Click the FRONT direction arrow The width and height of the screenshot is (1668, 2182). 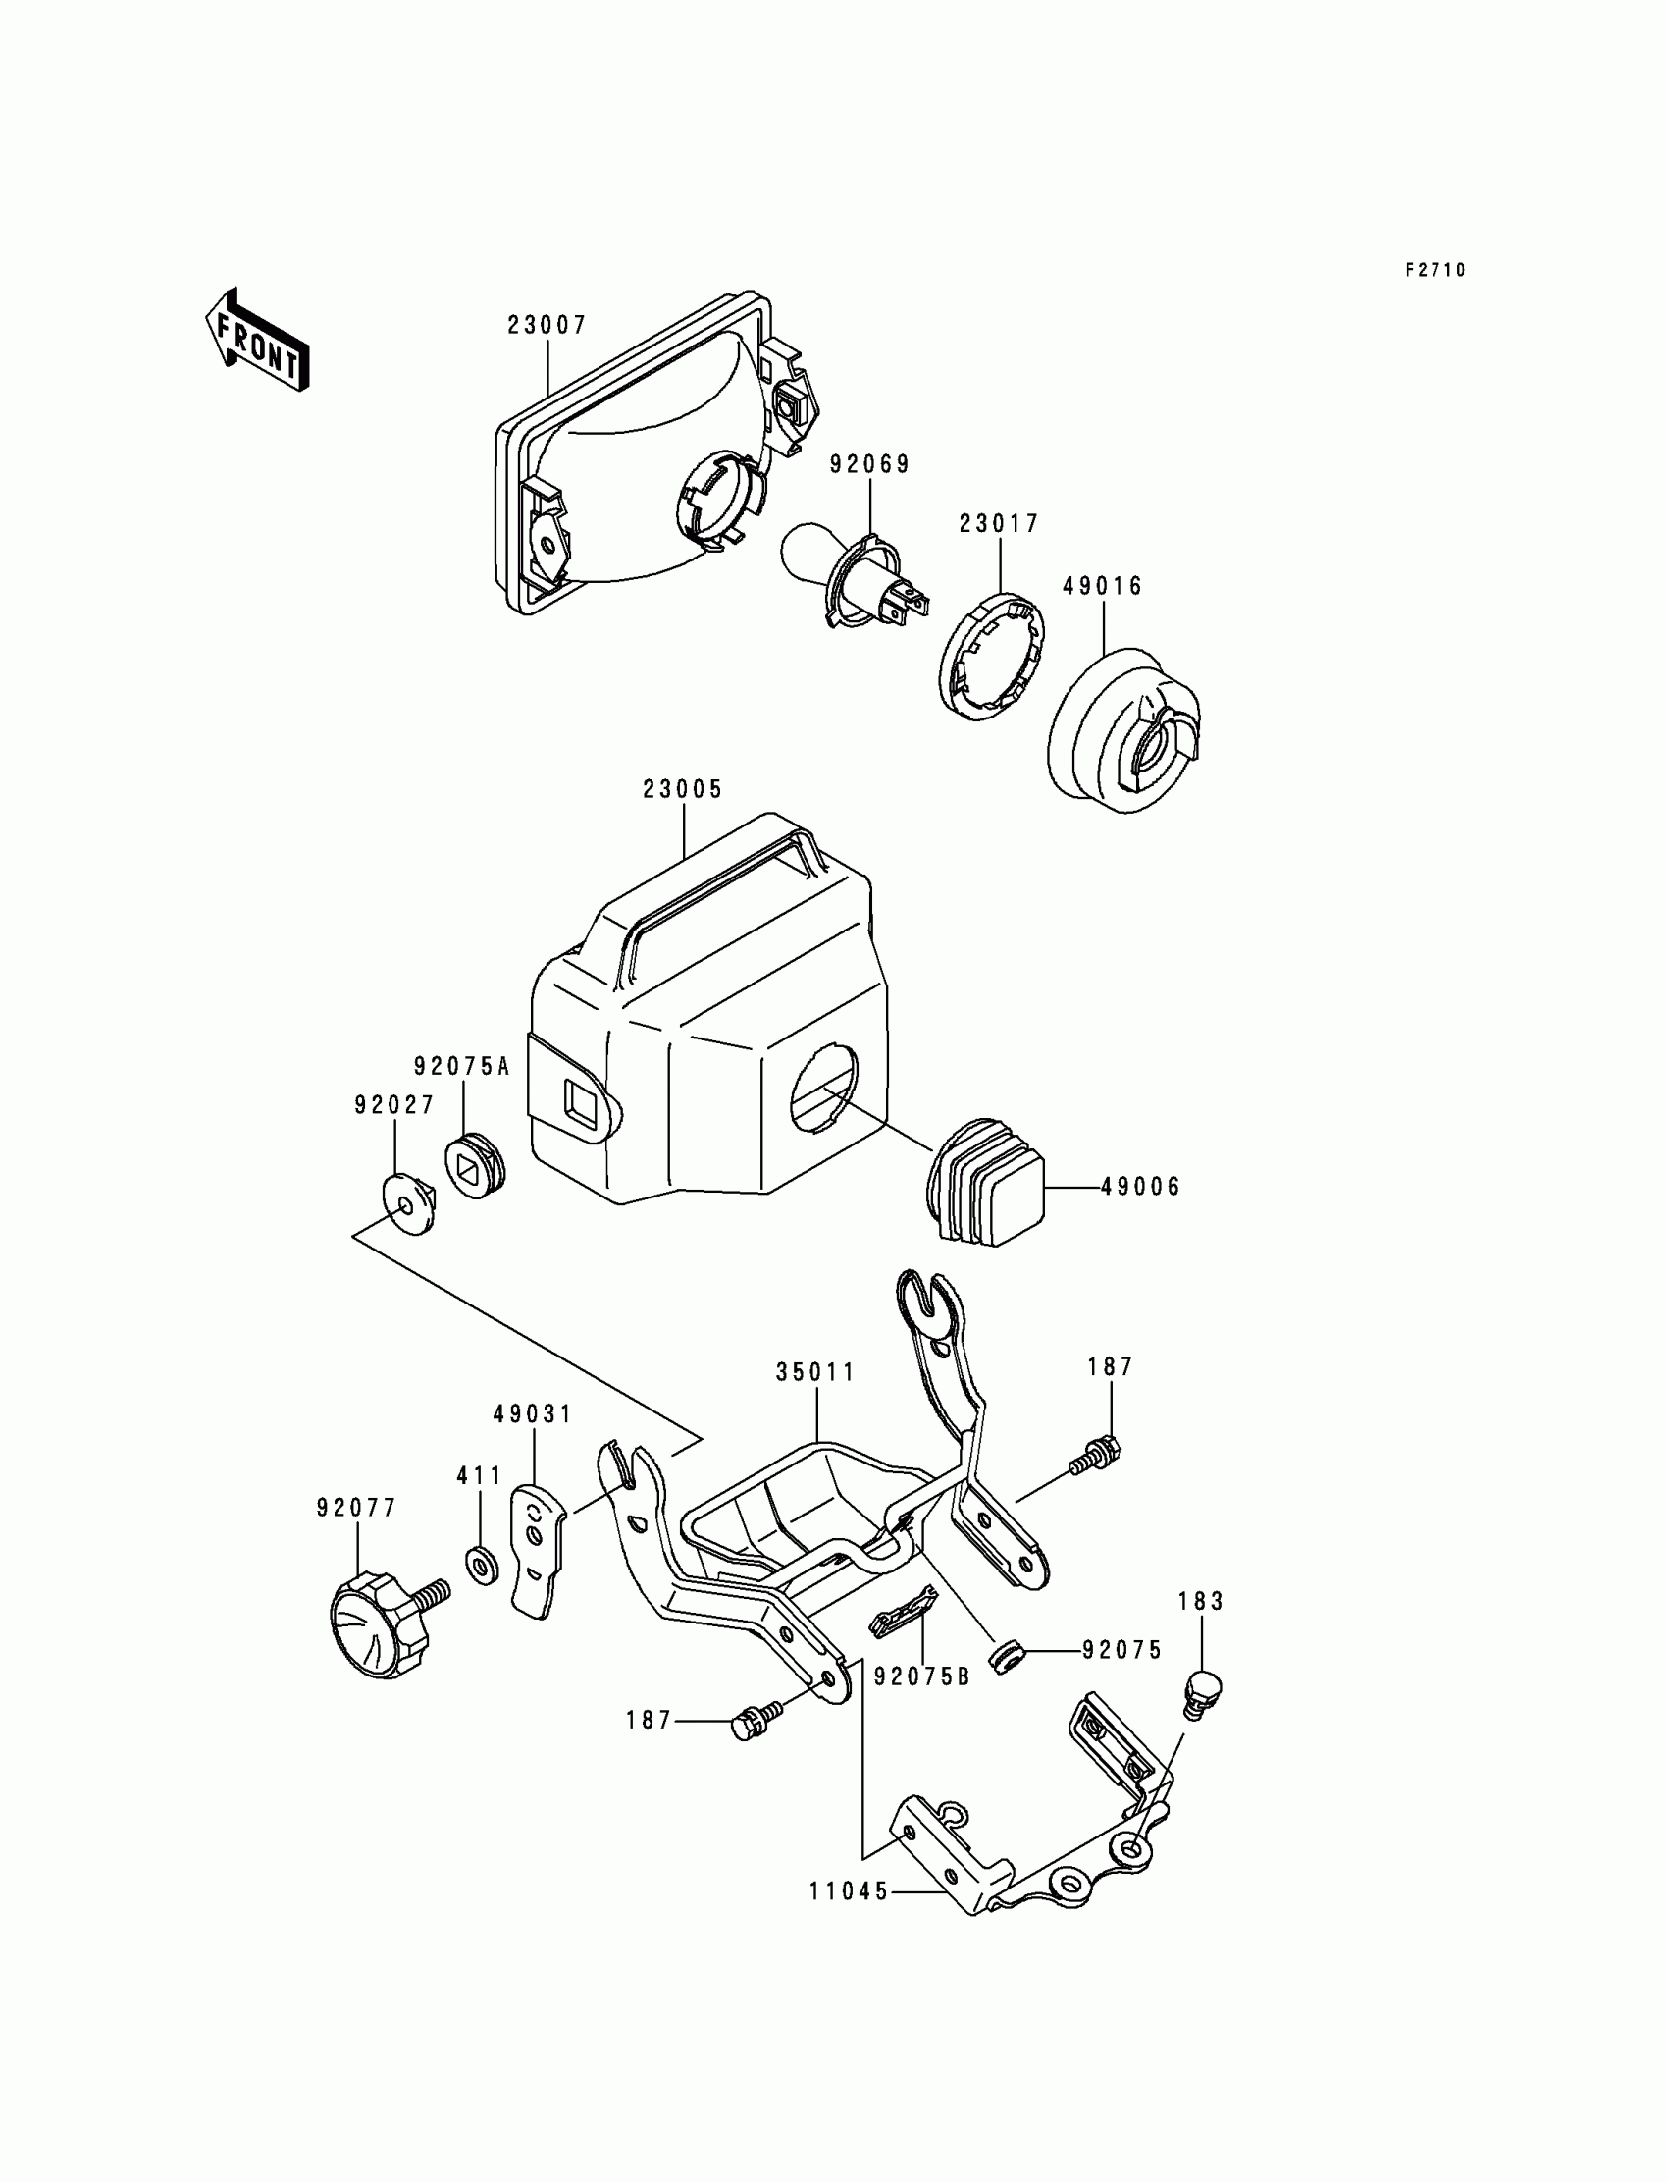(x=257, y=340)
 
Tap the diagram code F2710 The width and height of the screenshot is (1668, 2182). (x=1434, y=270)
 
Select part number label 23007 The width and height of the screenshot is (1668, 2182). (x=547, y=325)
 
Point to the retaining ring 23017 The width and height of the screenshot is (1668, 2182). (x=994, y=656)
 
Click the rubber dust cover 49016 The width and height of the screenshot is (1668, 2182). (x=1122, y=731)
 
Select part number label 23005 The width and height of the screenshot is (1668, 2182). (x=682, y=789)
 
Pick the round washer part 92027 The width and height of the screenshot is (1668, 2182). (x=408, y=1205)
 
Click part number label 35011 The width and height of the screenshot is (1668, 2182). (x=815, y=1372)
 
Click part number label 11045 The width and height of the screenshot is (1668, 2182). (x=849, y=1892)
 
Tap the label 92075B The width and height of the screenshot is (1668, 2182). (x=920, y=1676)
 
